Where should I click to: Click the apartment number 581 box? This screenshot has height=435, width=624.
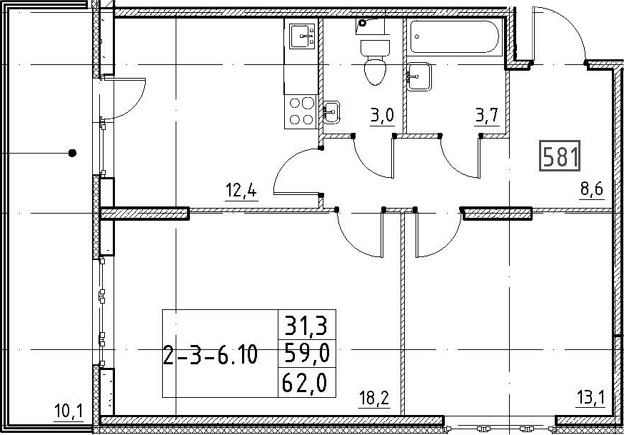point(560,156)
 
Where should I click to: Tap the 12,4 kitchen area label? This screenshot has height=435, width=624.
point(241,191)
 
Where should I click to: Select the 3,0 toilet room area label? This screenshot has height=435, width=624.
point(382,116)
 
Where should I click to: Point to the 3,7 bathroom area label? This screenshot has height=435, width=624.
point(486,116)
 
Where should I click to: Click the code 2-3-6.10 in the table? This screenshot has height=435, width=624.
point(210,356)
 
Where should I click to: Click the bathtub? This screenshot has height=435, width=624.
point(454,36)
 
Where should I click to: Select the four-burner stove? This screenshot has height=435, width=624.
point(301,111)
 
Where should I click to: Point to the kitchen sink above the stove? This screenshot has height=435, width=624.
point(302,36)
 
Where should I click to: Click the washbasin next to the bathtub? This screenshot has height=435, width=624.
point(419,76)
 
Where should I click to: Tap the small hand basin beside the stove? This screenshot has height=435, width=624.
point(331,112)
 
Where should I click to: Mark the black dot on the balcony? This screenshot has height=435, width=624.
point(72,153)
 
